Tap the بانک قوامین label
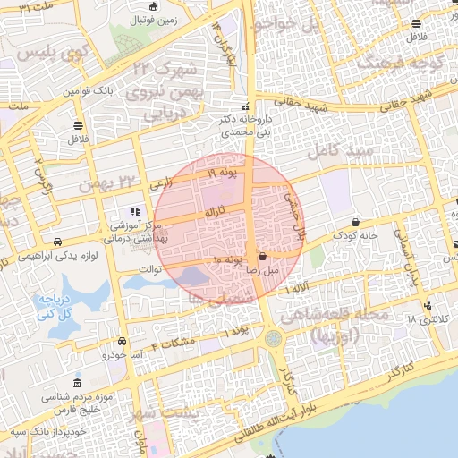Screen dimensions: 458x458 90,90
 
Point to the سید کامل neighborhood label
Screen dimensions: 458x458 339,148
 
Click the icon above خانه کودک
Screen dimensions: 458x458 356,222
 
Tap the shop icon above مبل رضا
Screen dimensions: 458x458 261,256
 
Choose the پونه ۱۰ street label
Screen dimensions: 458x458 229,260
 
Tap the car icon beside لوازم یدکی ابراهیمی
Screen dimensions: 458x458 57,242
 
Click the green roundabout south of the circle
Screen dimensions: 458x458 272,338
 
